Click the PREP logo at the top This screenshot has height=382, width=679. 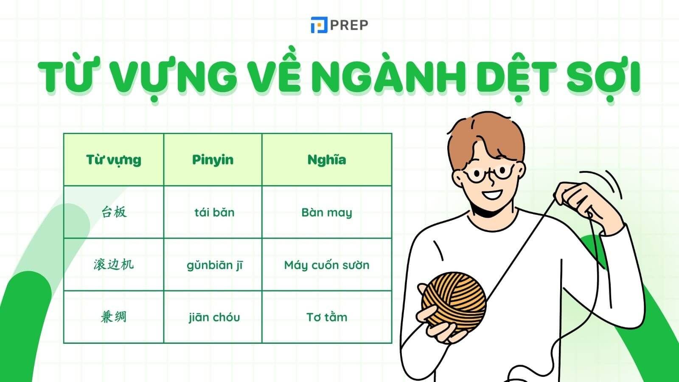tap(339, 25)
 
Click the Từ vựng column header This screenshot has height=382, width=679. tap(113, 160)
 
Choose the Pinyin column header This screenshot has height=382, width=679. tap(213, 160)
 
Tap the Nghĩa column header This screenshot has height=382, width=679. tap(326, 160)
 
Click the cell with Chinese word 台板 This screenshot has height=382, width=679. tap(114, 212)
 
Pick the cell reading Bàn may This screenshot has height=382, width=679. tap(326, 212)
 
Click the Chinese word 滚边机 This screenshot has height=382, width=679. tap(113, 264)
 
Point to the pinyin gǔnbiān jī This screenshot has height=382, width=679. tap(215, 265)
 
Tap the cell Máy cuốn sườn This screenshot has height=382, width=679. tap(326, 265)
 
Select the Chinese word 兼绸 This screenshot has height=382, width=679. tap(113, 317)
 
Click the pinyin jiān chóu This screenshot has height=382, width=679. tap(214, 317)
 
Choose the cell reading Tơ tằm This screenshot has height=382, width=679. tap(326, 317)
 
